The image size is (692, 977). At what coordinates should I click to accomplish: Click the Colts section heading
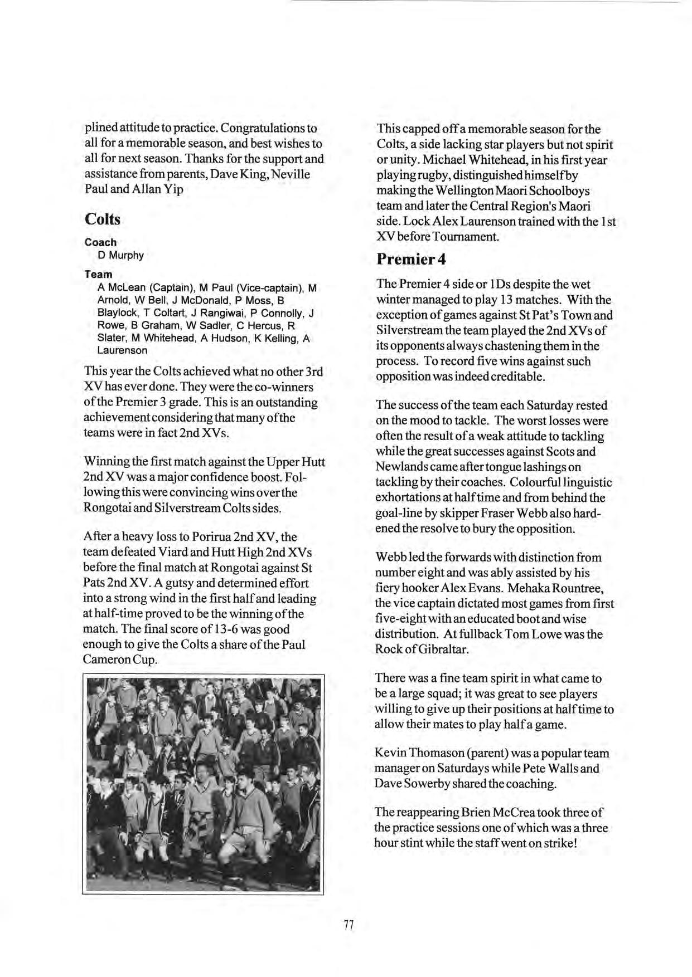(103, 219)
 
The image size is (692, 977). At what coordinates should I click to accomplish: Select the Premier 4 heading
(411, 259)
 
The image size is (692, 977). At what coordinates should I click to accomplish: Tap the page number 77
(349, 925)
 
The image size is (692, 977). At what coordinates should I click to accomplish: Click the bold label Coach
(100, 242)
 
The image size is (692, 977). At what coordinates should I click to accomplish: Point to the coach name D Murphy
(120, 255)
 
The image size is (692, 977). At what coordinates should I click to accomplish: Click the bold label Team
(98, 274)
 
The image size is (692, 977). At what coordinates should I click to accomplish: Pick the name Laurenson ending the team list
(122, 350)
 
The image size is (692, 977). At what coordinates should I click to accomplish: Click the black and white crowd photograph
(204, 784)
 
